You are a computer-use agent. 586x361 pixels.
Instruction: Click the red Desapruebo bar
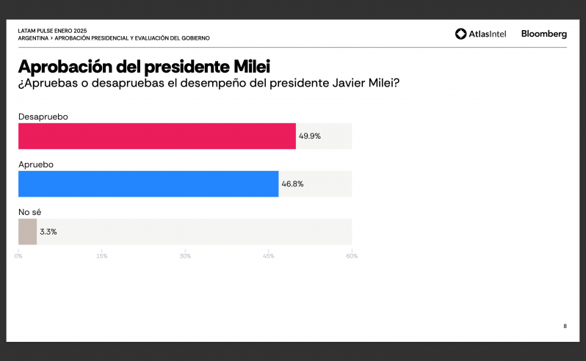(157, 136)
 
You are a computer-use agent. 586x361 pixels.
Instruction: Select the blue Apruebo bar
(148, 184)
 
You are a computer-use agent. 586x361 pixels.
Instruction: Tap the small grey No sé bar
(28, 232)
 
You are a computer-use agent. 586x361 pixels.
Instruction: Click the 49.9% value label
(310, 136)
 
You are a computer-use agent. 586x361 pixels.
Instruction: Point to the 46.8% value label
(292, 184)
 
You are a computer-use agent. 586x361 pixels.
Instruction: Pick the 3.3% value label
(48, 232)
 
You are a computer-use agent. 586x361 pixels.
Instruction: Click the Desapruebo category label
(43, 117)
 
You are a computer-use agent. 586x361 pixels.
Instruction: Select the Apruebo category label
(36, 164)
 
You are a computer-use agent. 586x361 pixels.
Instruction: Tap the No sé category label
(30, 212)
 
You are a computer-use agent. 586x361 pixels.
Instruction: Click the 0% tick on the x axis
(18, 256)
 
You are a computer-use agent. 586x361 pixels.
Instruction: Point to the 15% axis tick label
(101, 256)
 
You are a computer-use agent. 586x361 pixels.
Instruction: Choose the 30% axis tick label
(185, 256)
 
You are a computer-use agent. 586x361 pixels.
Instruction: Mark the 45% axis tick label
(268, 256)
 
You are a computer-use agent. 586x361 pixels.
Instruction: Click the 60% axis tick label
(352, 256)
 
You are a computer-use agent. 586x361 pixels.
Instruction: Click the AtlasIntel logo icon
(461, 34)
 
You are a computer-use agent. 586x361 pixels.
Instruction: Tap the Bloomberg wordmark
(544, 34)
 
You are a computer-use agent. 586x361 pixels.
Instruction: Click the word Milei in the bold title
(252, 67)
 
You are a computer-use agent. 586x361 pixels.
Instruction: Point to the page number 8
(565, 327)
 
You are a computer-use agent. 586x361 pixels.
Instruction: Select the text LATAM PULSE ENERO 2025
(52, 31)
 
